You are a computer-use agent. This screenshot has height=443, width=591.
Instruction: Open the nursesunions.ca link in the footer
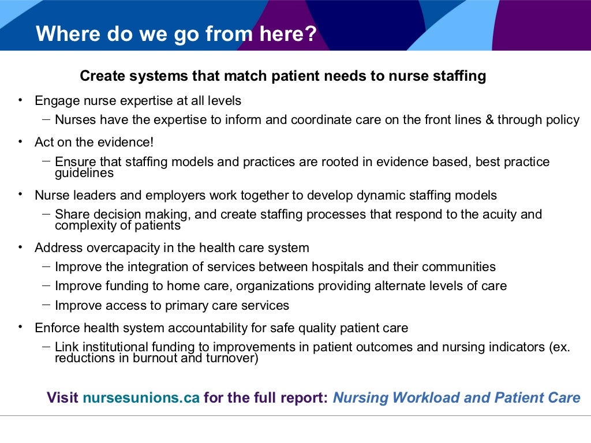[141, 398]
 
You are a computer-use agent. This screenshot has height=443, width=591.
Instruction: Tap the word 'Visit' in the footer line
[62, 398]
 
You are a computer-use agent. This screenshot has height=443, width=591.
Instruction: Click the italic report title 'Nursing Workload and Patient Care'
[456, 398]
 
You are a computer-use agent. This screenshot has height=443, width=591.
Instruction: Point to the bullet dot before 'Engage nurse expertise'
[21, 100]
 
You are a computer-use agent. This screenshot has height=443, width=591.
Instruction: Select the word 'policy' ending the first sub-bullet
[563, 120]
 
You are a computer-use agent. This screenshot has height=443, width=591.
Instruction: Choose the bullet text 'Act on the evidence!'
[94, 142]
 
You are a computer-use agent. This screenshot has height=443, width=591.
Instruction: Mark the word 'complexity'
[83, 226]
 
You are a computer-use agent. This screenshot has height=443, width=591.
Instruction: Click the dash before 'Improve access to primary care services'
[46, 305]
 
